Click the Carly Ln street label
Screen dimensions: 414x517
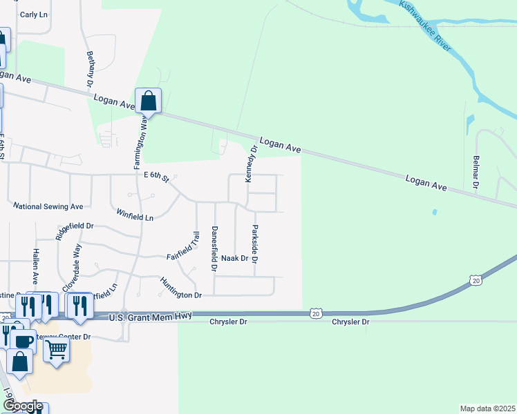[x=33, y=14]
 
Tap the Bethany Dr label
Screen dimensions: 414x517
[x=90, y=68]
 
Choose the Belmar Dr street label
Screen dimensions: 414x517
[x=476, y=172]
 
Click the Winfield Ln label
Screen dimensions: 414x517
[x=135, y=216]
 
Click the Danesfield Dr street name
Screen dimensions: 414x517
[x=214, y=247]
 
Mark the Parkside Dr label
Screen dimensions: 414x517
[x=254, y=244]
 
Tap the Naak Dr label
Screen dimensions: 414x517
[x=235, y=258]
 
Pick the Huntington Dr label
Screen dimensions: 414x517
[x=180, y=288]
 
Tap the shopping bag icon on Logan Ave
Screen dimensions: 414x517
[x=148, y=101]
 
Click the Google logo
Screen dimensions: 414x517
[x=22, y=406]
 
